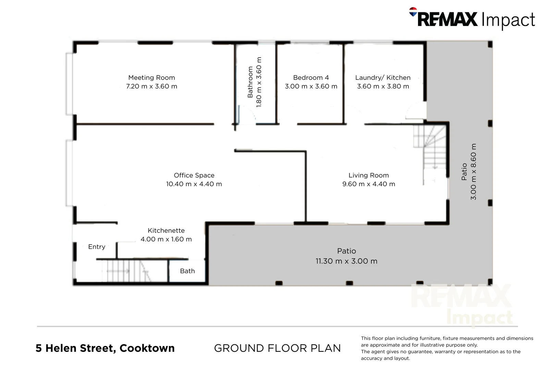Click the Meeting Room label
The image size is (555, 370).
pyautogui.click(x=151, y=78)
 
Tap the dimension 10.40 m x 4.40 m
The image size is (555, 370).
pyautogui.click(x=194, y=184)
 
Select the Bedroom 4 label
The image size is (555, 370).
pyautogui.click(x=311, y=78)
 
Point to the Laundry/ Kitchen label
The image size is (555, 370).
pyautogui.click(x=383, y=78)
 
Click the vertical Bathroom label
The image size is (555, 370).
pyautogui.click(x=250, y=82)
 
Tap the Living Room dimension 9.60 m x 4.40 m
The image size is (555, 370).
pyautogui.click(x=369, y=184)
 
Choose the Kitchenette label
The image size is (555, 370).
pyautogui.click(x=166, y=231)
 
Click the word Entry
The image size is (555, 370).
pyautogui.click(x=97, y=247)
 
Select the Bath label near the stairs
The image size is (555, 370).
pyautogui.click(x=187, y=271)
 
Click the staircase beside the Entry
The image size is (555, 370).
pyautogui.click(x=127, y=271)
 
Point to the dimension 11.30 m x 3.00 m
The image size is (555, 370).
pyautogui.click(x=346, y=261)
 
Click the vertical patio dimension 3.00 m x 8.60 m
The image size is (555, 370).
pyautogui.click(x=473, y=171)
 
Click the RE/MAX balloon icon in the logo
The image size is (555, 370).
pyautogui.click(x=413, y=12)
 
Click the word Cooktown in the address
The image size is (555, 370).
pyautogui.click(x=147, y=348)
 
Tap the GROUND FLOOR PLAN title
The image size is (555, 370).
pyautogui.click(x=277, y=348)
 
